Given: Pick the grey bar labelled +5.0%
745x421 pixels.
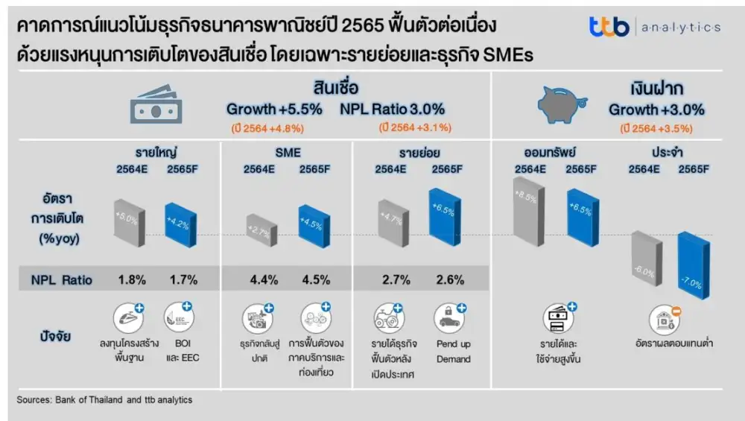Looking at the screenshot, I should [127, 222].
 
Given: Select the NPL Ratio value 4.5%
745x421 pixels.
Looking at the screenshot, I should [314, 280].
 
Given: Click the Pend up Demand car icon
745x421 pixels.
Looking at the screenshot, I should [450, 319].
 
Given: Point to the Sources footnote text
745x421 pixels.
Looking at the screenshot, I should [104, 400].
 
